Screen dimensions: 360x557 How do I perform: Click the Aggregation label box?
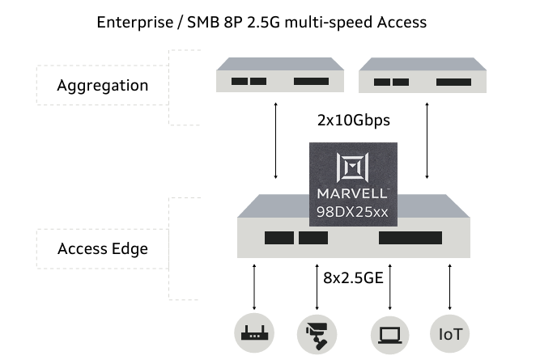click(x=102, y=85)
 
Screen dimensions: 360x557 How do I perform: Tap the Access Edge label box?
click(x=102, y=248)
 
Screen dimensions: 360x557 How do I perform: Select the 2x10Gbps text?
click(x=354, y=121)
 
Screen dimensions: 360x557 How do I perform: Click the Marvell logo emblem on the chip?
click(x=353, y=168)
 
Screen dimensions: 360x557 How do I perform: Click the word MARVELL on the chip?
click(x=353, y=195)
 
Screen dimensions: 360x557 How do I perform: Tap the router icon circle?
click(x=254, y=332)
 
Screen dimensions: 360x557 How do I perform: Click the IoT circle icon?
click(x=449, y=332)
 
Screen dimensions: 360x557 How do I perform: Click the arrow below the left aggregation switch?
click(x=276, y=140)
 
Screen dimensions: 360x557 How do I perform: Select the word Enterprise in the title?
click(x=130, y=22)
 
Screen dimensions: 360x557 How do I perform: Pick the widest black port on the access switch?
click(x=410, y=238)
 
